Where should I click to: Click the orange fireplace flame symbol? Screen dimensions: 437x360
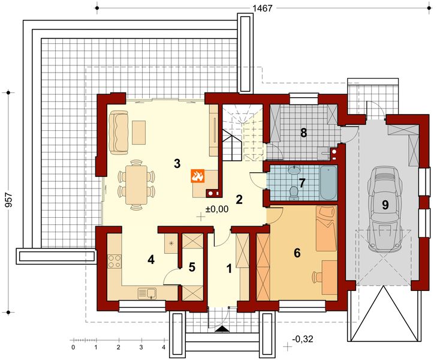[198, 176]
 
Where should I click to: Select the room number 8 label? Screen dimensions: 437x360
[303, 133]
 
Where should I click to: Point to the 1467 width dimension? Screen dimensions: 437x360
[262, 8]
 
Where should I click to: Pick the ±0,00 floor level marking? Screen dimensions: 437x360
[217, 209]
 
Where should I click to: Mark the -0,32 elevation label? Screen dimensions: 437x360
[303, 339]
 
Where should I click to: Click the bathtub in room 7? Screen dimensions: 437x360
[328, 182]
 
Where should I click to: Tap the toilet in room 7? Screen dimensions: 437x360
[293, 193]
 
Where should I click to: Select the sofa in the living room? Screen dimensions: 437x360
[119, 132]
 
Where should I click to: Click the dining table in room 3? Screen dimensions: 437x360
[136, 185]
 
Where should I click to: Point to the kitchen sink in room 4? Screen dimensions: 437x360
[147, 293]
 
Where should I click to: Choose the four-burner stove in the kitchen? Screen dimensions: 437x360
[114, 262]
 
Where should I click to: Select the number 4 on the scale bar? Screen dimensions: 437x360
[164, 348]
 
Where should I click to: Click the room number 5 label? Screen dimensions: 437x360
[192, 267]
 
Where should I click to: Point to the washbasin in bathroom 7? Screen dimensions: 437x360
[294, 170]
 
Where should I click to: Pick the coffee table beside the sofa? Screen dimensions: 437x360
[139, 132]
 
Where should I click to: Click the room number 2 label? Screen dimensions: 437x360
[239, 199]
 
